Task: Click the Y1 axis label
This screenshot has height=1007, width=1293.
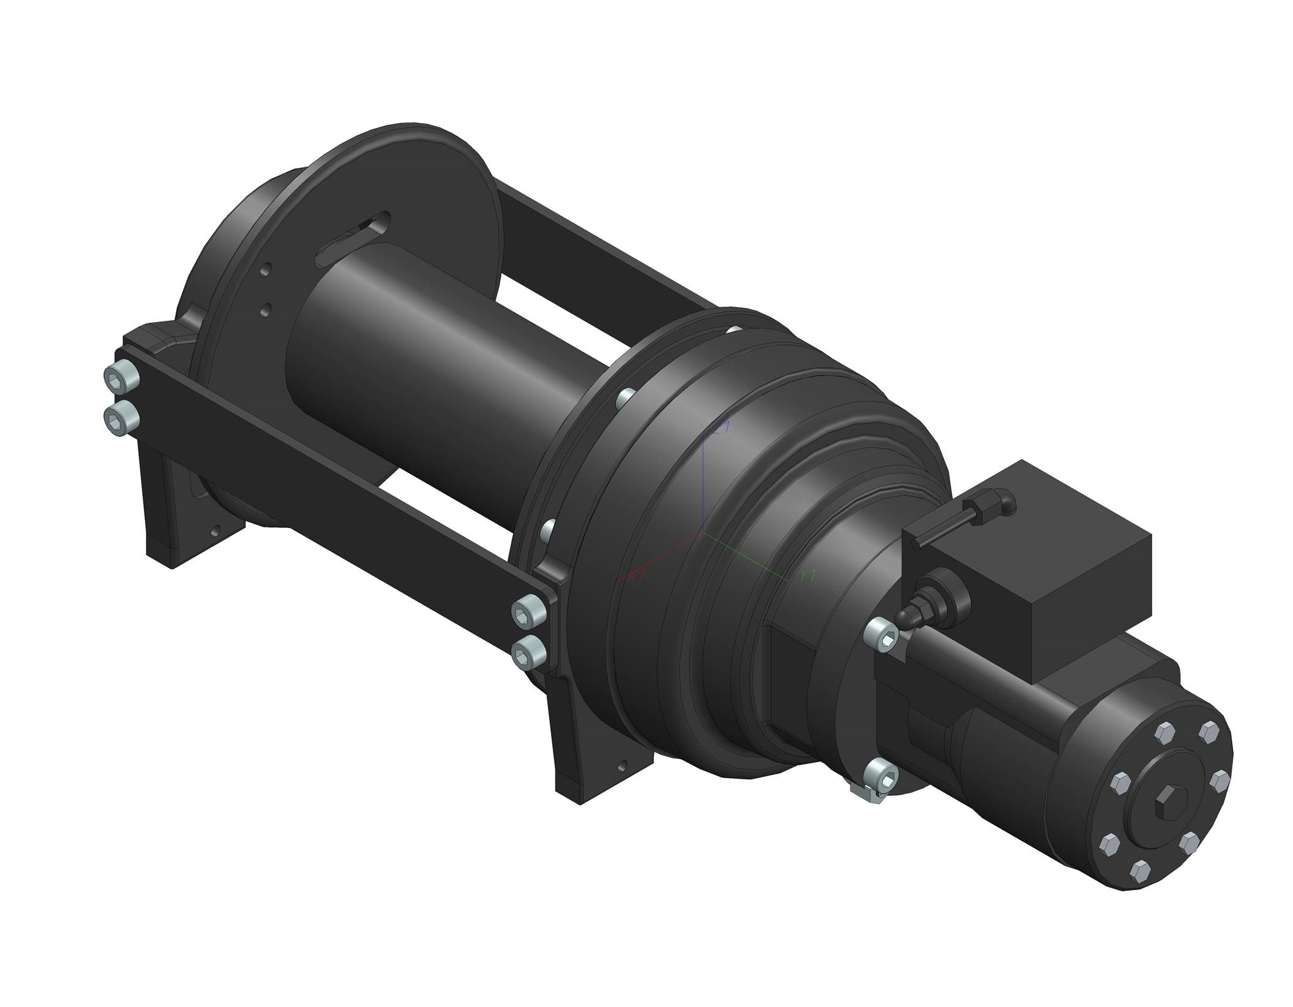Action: point(809,575)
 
